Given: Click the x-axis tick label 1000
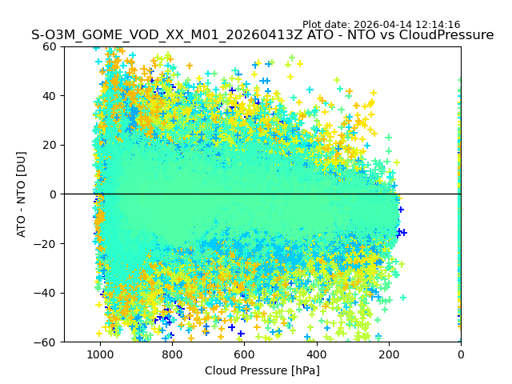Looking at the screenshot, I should pyautogui.click(x=99, y=354).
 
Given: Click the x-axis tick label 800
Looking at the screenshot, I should pyautogui.click(x=172, y=354).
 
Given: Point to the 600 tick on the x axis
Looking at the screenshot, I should pyautogui.click(x=244, y=354).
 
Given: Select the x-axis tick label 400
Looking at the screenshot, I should pyautogui.click(x=316, y=354).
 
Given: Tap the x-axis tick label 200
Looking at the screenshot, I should pyautogui.click(x=389, y=354).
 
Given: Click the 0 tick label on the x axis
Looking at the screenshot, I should pyautogui.click(x=461, y=354).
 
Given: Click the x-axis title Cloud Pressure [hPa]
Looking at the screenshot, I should pyautogui.click(x=262, y=370).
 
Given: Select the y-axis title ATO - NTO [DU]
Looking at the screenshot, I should pyautogui.click(x=22, y=194).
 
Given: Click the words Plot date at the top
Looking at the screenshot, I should pyautogui.click(x=326, y=25).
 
